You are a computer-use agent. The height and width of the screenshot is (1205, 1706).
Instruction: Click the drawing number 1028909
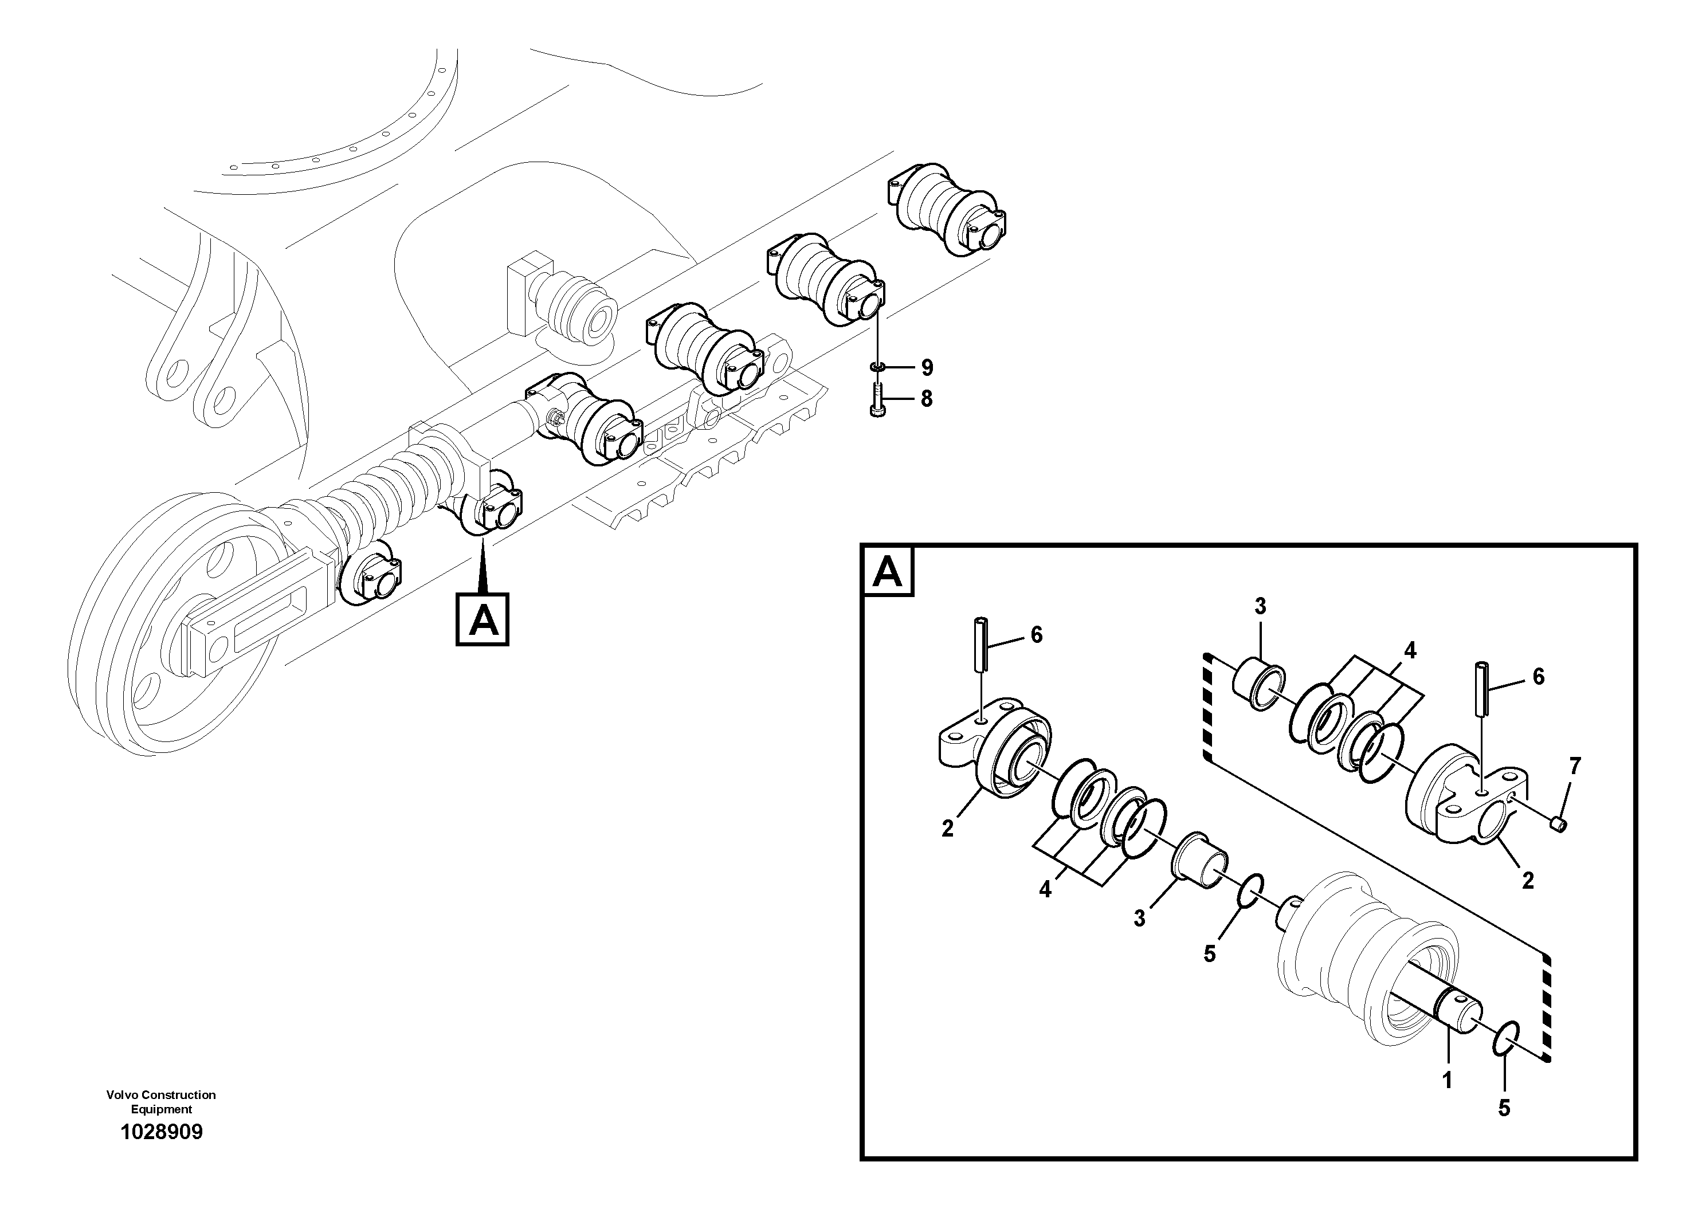161,1132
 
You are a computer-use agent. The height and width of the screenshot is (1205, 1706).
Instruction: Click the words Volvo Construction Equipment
161,1102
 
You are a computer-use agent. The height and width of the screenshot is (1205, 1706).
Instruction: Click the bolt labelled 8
877,401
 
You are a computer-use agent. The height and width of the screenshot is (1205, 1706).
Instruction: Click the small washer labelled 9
877,367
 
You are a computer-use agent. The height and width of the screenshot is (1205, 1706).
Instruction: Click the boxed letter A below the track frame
482,619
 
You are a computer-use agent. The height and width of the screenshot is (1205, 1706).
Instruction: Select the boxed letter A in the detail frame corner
888,572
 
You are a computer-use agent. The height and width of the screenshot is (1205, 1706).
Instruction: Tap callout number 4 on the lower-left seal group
1045,889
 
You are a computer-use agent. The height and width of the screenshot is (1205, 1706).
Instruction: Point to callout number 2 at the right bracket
1528,880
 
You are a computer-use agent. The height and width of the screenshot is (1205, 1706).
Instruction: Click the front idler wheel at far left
171,621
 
